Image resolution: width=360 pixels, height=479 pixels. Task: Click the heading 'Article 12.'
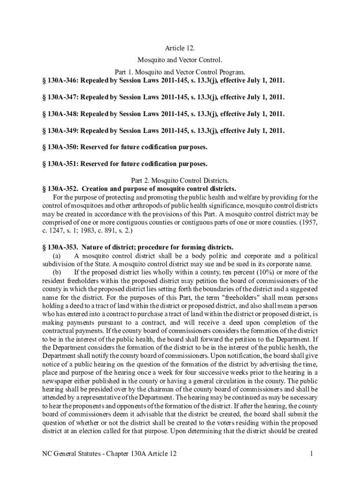(180, 48)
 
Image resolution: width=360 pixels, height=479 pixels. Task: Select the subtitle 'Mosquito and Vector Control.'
(180, 60)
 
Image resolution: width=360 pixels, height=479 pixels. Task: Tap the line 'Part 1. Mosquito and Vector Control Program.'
(180, 73)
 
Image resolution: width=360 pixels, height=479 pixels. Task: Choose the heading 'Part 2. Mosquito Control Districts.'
(180, 181)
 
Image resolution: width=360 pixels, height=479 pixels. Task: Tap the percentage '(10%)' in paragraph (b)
(267, 272)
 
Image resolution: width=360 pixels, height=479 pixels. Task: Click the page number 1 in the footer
(310, 454)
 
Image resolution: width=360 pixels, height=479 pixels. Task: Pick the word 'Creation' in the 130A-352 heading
(97, 189)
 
